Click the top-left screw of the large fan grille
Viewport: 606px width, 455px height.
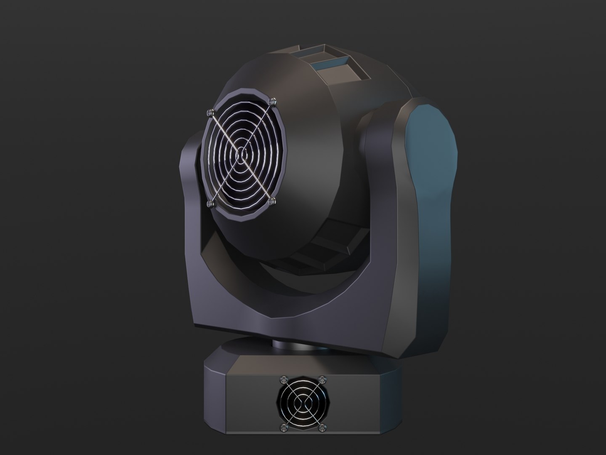pos(210,112)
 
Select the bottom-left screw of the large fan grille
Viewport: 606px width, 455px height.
pos(211,203)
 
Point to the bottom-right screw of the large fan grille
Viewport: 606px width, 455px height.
pos(273,199)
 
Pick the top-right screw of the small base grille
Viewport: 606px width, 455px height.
pos(322,379)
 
